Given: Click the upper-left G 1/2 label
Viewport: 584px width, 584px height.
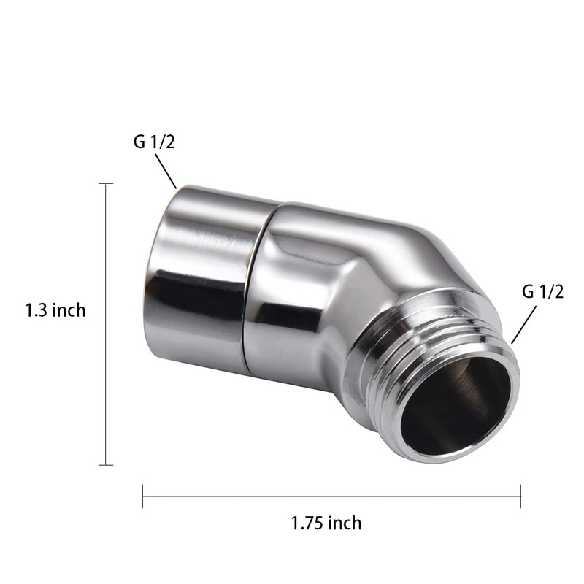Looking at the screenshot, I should [x=154, y=142].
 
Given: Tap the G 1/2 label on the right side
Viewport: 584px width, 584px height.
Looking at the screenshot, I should [x=542, y=292].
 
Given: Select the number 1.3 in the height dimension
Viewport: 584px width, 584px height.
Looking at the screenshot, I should [x=36, y=310].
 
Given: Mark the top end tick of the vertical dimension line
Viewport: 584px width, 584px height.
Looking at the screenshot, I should [x=107, y=184].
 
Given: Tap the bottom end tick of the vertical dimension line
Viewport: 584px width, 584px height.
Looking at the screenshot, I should [x=107, y=464].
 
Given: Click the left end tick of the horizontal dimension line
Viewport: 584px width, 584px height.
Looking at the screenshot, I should [x=143, y=496].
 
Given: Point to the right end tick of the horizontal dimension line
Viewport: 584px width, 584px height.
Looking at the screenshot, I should [x=520, y=496].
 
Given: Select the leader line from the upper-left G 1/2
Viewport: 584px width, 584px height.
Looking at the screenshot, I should [x=166, y=173].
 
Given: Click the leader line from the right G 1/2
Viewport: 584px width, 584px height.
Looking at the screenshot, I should [x=524, y=325].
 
